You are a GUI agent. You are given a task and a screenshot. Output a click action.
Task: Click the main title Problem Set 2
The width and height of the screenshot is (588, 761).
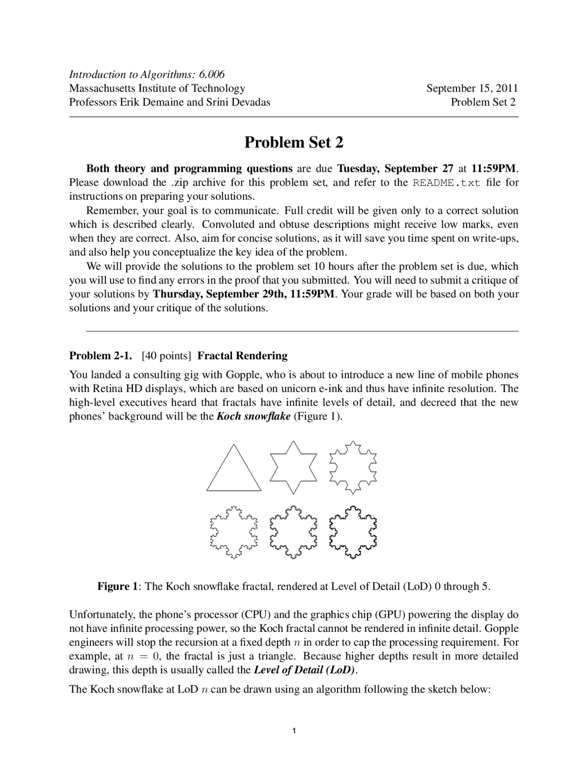coord(294,142)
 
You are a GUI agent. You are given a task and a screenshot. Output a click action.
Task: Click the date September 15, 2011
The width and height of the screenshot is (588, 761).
coord(472,88)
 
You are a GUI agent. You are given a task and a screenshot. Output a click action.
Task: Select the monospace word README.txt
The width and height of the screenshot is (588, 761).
coord(447,183)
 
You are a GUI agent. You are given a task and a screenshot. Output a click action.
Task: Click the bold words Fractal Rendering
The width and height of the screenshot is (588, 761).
coord(243,356)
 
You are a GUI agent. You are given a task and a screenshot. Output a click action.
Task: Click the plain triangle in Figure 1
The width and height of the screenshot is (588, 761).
coord(234,469)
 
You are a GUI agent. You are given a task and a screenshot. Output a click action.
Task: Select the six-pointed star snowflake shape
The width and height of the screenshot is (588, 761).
coord(294,467)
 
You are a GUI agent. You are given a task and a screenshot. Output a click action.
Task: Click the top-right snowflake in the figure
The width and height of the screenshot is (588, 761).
coord(353,467)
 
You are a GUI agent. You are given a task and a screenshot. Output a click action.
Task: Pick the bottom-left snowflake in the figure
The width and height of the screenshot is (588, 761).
coord(234,532)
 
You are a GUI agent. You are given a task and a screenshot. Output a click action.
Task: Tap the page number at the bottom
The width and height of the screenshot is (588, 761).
coord(294,731)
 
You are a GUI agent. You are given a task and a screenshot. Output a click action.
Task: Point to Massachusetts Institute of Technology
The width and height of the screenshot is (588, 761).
coord(157,88)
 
